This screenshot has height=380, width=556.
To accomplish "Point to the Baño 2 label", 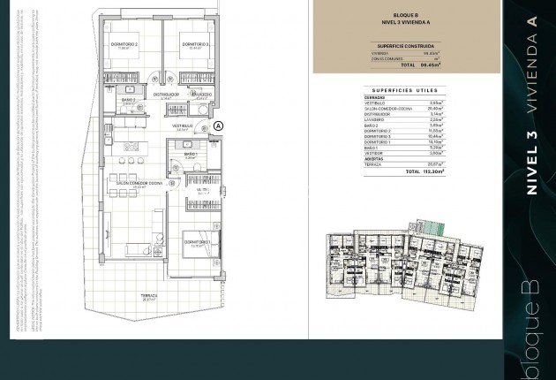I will (x=128, y=101).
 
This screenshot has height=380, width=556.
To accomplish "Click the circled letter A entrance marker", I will (x=219, y=126).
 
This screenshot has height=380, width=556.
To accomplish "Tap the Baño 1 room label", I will (x=192, y=155).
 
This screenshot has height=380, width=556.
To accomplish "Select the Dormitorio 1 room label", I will (x=197, y=241).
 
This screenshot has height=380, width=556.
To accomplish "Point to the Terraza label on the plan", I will (x=148, y=296).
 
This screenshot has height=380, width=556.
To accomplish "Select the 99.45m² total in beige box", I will (x=430, y=65).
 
